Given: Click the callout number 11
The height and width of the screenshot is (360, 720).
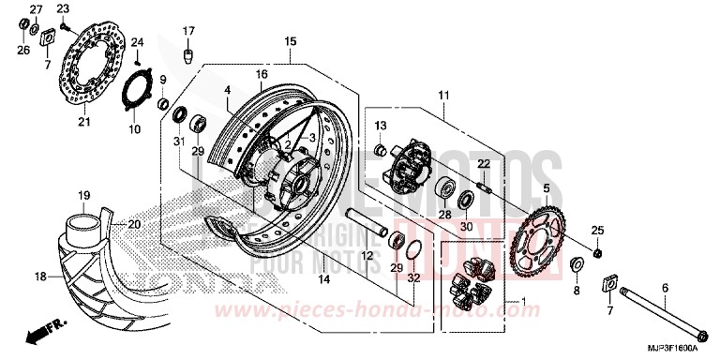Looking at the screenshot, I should click(443, 95).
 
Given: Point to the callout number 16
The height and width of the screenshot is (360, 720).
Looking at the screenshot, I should click(262, 73).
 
